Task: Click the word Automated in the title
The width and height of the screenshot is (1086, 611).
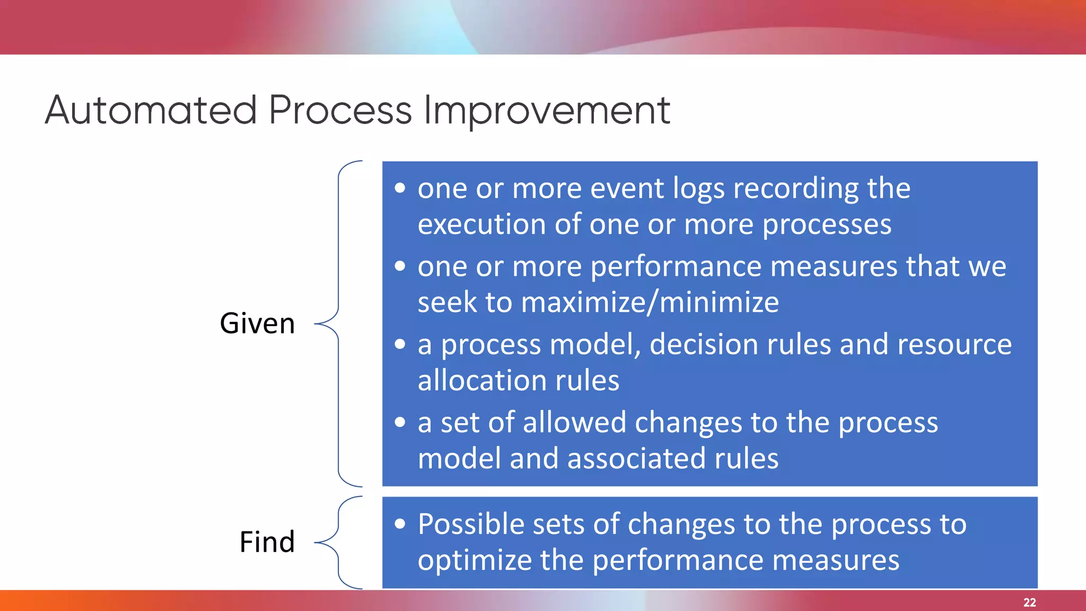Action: [x=151, y=110]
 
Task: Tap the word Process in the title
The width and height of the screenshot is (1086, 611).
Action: [x=340, y=110]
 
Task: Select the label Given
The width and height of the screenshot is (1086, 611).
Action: [x=257, y=324]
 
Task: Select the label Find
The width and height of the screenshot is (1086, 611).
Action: [x=267, y=542]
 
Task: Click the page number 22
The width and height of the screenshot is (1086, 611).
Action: [x=1029, y=603]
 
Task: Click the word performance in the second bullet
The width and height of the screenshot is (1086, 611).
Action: [x=676, y=266]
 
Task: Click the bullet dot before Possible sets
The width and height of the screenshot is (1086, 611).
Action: [x=400, y=524]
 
